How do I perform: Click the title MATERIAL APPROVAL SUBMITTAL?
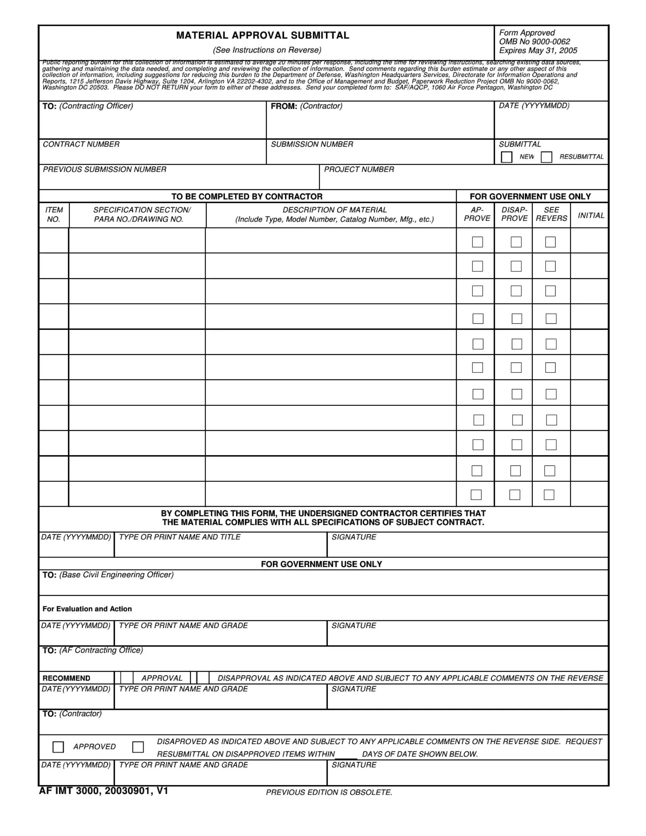(x=263, y=36)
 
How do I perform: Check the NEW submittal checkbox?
(x=506, y=157)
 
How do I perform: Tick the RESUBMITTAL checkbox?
(x=546, y=157)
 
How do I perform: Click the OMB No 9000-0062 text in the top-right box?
(x=534, y=42)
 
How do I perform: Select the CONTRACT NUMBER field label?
(x=81, y=144)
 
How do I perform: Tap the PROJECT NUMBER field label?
(x=359, y=169)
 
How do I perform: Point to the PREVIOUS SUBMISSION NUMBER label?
(x=104, y=169)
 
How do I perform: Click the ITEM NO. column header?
(x=54, y=215)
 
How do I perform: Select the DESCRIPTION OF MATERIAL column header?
(x=334, y=210)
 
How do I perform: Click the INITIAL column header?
(x=591, y=215)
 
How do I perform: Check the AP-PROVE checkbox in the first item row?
(x=477, y=242)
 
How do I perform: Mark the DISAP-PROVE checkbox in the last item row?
(x=515, y=495)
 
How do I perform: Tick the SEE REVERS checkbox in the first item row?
(x=550, y=242)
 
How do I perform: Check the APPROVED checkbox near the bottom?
(x=58, y=747)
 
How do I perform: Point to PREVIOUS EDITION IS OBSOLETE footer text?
(x=329, y=792)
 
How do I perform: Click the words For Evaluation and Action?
(x=87, y=609)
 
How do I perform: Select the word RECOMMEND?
(x=66, y=678)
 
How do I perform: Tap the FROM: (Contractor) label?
(x=307, y=106)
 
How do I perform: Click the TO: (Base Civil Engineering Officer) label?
(x=108, y=575)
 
